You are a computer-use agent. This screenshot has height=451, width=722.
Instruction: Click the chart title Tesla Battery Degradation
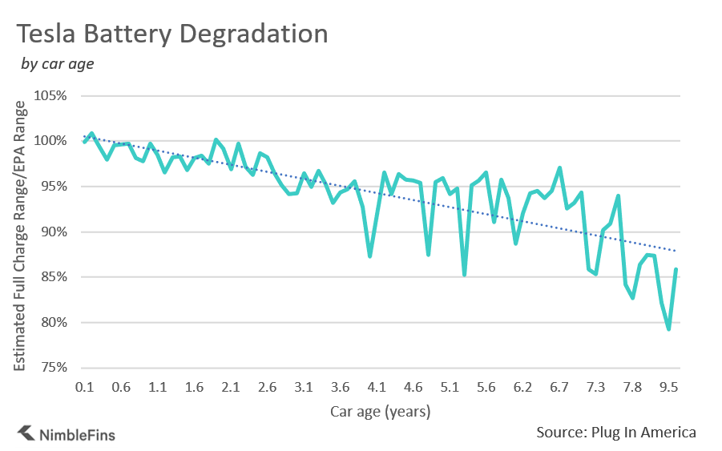click(172, 34)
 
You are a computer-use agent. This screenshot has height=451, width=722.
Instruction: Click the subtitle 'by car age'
click(57, 64)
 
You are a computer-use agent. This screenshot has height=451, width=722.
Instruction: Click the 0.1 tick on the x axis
click(85, 388)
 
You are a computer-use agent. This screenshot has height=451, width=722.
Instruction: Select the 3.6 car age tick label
click(340, 388)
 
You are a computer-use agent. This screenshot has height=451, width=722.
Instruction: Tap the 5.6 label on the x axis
click(486, 388)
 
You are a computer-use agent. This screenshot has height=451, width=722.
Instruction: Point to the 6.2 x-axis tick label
click(522, 388)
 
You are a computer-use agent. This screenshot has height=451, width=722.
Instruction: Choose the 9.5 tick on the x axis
click(668, 388)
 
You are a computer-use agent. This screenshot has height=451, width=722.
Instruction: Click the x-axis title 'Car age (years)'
click(381, 412)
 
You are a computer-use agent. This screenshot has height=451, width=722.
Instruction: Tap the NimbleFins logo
click(67, 434)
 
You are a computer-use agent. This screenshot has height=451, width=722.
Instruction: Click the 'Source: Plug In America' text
click(615, 433)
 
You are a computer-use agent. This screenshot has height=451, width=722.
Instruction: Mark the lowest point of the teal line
click(668, 329)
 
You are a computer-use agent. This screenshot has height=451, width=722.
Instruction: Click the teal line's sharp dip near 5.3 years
click(465, 274)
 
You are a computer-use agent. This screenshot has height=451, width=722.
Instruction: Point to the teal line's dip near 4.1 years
click(369, 256)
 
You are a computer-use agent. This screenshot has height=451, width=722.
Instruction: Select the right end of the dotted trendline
click(678, 251)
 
